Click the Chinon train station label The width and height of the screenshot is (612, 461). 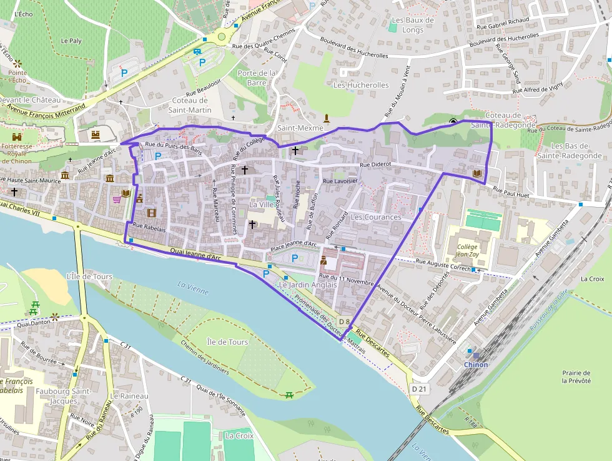point(475,365)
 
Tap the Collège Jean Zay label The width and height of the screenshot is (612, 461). point(466,251)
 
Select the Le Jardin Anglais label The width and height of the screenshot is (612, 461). point(308,285)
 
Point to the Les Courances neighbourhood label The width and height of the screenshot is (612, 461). point(376,217)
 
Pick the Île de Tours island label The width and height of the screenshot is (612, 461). point(227,342)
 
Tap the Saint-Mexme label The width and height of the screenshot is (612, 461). point(300,128)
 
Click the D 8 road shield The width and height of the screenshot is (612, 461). point(343,322)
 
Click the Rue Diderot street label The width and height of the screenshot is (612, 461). point(375,164)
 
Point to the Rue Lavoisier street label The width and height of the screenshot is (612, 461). point(340,181)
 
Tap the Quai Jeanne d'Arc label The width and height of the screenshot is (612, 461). point(195,255)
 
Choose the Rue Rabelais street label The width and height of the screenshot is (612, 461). point(149,229)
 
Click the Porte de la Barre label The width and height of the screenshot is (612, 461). point(257,78)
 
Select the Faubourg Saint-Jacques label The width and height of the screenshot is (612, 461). point(71,396)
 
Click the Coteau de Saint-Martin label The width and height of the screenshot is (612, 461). point(190,105)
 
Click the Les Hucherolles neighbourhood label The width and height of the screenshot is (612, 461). point(361,85)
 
